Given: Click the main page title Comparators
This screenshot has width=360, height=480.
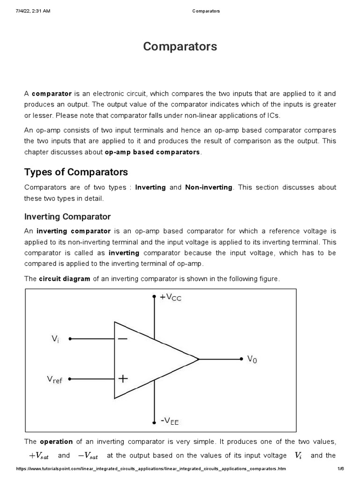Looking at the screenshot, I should coord(180,47).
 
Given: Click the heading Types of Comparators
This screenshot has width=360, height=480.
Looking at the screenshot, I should coord(76,172).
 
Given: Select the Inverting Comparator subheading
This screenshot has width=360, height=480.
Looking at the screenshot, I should coord(67,217).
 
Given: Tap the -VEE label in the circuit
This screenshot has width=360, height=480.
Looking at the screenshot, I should coord(170,421).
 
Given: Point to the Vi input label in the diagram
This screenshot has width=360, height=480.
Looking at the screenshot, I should coord(55,338).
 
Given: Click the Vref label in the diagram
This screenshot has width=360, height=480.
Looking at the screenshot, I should coord(54,379).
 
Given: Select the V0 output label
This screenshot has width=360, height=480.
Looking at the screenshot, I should coord(252,360).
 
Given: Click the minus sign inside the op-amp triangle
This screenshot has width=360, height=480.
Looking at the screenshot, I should coord(122,338).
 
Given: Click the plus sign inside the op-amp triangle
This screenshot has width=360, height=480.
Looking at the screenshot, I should coord(123,378).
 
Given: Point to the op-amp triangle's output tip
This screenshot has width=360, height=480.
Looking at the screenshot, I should coord(199,359).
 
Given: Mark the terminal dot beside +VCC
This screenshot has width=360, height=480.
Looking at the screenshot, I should coord(154,297).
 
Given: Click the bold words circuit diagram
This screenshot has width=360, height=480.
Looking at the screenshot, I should coord(64,279).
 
